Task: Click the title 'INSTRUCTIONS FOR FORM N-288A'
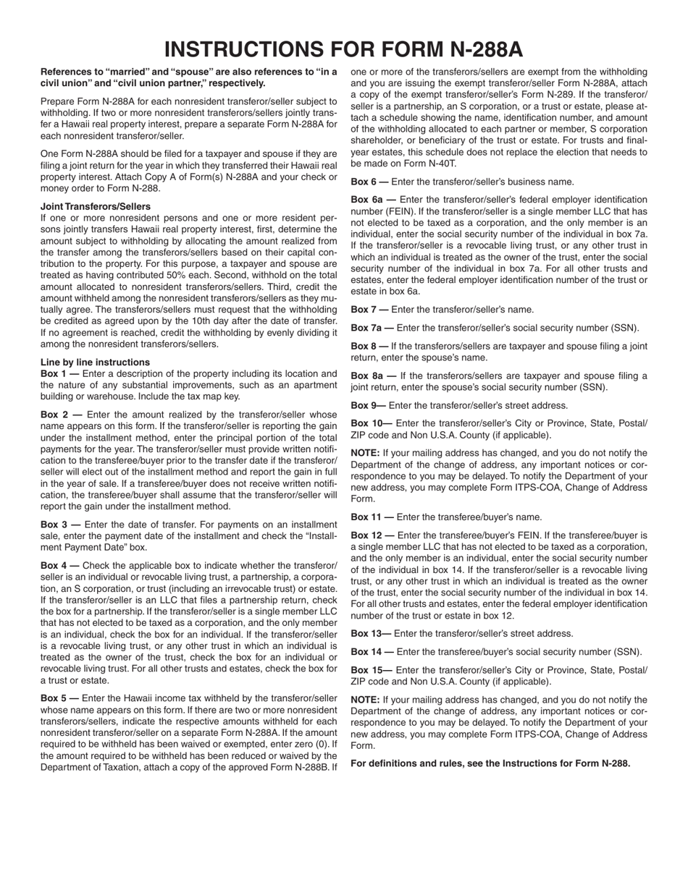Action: point(343,49)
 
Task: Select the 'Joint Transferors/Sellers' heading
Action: point(96,206)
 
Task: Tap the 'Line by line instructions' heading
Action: point(96,362)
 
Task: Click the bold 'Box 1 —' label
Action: point(60,373)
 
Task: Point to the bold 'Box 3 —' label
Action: point(61,524)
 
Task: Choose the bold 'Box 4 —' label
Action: point(61,564)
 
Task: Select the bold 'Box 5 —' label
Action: point(60,698)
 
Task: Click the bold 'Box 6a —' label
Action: point(373,199)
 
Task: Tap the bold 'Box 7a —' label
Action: point(372,328)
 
